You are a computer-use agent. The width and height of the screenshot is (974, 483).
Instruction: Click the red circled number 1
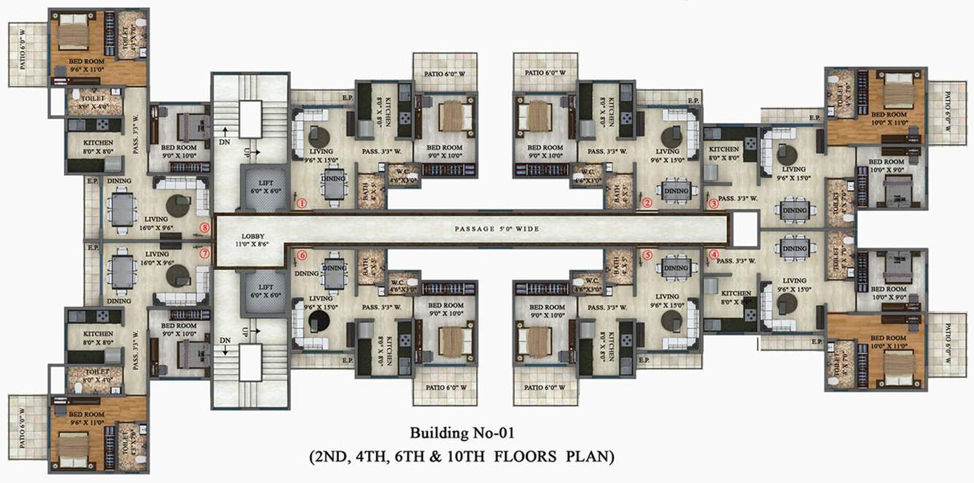[x=301, y=204]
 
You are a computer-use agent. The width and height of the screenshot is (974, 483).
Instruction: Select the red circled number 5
[x=647, y=255]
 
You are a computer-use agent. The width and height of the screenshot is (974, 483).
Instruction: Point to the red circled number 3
[x=713, y=204]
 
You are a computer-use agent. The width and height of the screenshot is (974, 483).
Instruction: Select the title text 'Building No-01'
[x=462, y=433]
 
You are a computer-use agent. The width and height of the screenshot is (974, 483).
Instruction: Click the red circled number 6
[x=301, y=255]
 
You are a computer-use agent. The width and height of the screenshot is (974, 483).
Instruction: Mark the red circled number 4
[x=713, y=254]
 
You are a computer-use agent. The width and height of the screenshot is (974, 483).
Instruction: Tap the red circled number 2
[x=647, y=204]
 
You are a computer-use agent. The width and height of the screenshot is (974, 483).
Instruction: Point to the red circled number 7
[x=204, y=254]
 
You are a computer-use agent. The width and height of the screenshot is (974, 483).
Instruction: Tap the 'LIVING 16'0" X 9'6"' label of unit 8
[x=156, y=223]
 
